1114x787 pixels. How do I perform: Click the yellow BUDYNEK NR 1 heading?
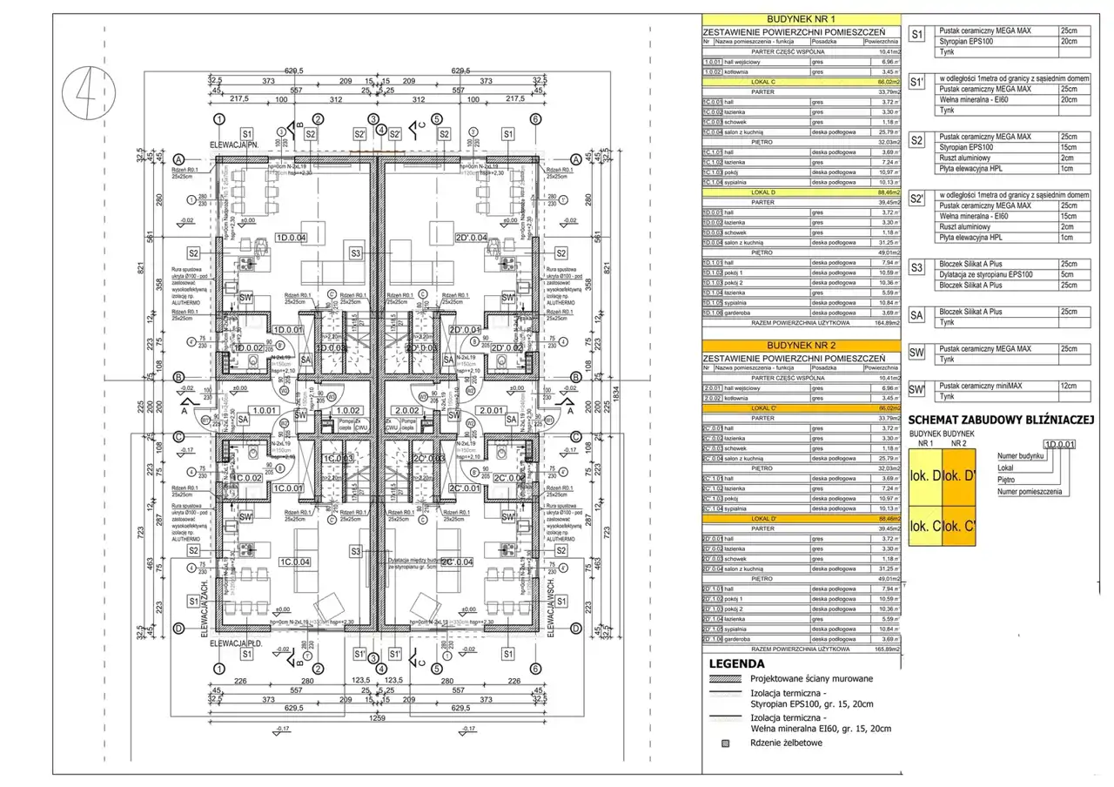(x=801, y=18)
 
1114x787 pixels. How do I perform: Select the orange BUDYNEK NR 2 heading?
(x=801, y=346)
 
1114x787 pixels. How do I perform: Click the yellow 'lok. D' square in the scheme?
(x=924, y=476)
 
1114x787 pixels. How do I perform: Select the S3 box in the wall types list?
(x=916, y=267)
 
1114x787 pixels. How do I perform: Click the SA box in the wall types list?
(x=916, y=315)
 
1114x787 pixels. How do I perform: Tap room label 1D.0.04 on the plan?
(x=292, y=238)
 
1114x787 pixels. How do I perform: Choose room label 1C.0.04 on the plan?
(x=295, y=562)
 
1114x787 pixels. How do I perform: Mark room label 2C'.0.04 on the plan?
(x=457, y=562)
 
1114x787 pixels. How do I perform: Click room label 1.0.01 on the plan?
(x=263, y=410)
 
